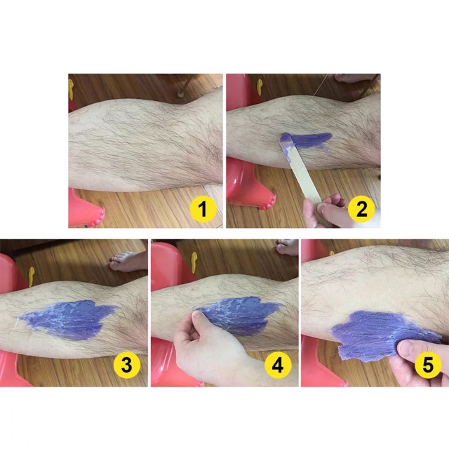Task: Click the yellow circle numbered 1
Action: coord(203,209)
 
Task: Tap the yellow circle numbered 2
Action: coord(361,209)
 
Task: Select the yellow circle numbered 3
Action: coord(127,365)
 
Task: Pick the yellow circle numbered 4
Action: coord(278,365)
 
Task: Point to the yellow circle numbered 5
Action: coord(428,365)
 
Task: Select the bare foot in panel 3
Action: coord(128,261)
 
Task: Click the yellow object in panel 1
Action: coord(70,89)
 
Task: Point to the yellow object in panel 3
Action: coord(31,276)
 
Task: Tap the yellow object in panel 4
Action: coord(194,262)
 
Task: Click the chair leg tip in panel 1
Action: coord(180,93)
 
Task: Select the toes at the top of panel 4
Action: coord(287,247)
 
